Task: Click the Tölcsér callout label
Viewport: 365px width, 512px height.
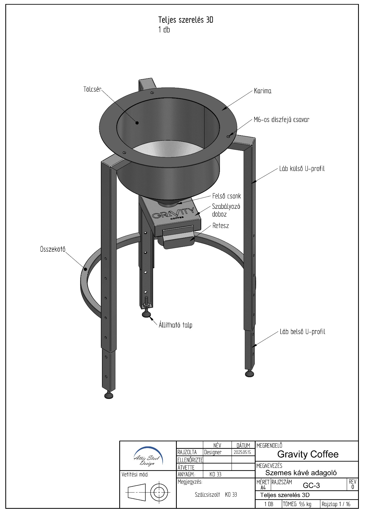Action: pyautogui.click(x=92, y=89)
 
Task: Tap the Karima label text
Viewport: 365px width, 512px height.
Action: pyautogui.click(x=263, y=91)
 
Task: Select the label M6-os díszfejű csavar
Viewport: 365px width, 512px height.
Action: pyautogui.click(x=282, y=120)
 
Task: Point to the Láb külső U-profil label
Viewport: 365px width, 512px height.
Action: pyautogui.click(x=302, y=169)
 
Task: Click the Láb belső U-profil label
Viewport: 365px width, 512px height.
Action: pyautogui.click(x=302, y=332)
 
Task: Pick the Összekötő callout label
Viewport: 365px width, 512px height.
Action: pyautogui.click(x=53, y=249)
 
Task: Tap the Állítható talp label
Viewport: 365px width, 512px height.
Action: pyautogui.click(x=175, y=325)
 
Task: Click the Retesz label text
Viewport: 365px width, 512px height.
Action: pyautogui.click(x=221, y=226)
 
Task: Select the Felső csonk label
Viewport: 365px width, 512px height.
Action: pyautogui.click(x=227, y=196)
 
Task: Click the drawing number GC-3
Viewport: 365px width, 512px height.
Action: pyautogui.click(x=311, y=485)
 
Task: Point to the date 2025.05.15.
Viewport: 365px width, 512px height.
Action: pyautogui.click(x=243, y=453)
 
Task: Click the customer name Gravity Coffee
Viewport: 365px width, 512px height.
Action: pyautogui.click(x=308, y=454)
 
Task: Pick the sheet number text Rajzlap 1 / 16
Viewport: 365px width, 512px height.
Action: pyautogui.click(x=336, y=504)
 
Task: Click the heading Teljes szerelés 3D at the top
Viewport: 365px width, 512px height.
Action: pyautogui.click(x=186, y=20)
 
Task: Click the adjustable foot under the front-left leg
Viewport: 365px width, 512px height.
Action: pyautogui.click(x=109, y=394)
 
